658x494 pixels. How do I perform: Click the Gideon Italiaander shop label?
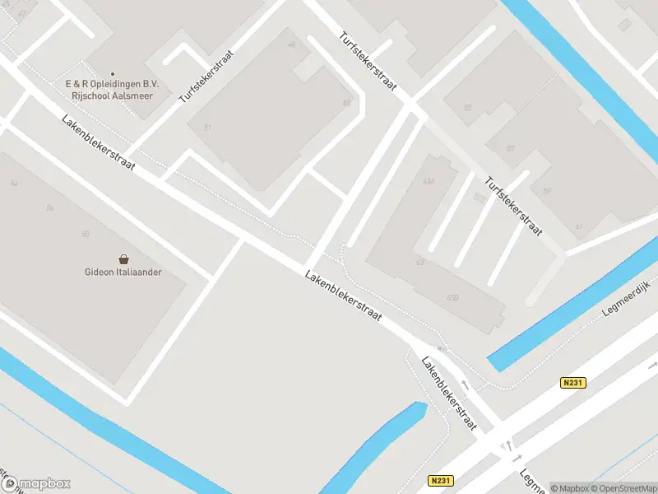123,273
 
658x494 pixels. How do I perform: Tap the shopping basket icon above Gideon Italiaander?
123,259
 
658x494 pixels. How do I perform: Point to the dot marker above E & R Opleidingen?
113,74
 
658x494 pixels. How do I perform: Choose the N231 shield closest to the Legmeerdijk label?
575,383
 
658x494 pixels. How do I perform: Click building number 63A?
428,180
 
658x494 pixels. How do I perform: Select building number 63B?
451,297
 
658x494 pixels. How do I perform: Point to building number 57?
510,149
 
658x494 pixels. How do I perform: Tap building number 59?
546,192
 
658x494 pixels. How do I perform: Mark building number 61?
578,227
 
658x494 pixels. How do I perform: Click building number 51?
208,127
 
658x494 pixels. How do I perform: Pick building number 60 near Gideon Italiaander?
85,235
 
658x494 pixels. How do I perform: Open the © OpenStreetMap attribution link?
623,487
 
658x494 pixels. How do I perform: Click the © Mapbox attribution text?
570,487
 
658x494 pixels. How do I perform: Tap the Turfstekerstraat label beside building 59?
512,206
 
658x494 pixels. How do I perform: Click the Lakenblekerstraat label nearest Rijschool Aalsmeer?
98,143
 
